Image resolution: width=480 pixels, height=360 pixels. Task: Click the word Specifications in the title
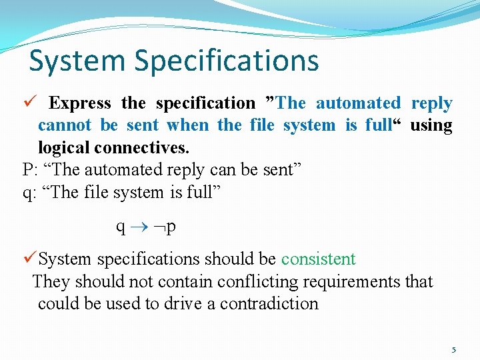[x=227, y=61]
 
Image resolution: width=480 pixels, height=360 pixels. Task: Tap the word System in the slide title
[x=77, y=60]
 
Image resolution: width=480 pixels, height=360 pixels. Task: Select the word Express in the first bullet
[x=80, y=103]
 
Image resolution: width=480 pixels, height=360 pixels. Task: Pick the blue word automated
[x=358, y=103]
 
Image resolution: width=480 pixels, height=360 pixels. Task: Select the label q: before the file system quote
[x=30, y=193]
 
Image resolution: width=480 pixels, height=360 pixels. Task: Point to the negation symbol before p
[x=160, y=228]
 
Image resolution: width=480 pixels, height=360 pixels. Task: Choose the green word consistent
[x=318, y=259]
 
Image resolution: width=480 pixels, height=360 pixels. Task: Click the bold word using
[x=431, y=125]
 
